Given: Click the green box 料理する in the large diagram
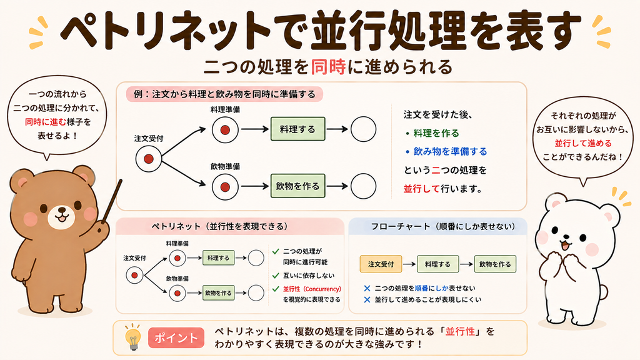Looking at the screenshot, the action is [x=298, y=129].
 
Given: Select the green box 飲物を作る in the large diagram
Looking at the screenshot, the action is [x=298, y=186].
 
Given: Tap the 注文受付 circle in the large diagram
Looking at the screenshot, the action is [x=149, y=159].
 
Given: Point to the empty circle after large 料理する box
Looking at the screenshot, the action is [x=363, y=129].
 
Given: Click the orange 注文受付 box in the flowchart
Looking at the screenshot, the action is [x=381, y=264].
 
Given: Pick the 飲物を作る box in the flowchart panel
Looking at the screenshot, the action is [x=495, y=264].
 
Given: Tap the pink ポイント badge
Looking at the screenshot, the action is [x=176, y=337].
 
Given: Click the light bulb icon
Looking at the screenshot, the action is [x=133, y=337].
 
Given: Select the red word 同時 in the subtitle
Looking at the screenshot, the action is [x=328, y=66].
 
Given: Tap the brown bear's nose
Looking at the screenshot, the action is [x=62, y=211].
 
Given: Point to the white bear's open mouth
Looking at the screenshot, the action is [x=564, y=246].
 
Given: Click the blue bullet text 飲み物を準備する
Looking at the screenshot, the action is [x=450, y=151].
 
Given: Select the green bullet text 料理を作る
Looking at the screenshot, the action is [x=436, y=133].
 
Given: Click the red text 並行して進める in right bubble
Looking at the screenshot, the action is [x=583, y=143].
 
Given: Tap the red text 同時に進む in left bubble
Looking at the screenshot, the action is [x=45, y=122].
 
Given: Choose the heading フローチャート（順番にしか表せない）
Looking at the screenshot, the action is [x=443, y=226].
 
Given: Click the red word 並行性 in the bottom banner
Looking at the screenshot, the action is [x=460, y=331].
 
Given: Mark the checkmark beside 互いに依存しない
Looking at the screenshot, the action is [x=276, y=276].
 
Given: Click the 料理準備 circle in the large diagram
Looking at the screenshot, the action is [x=225, y=130].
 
